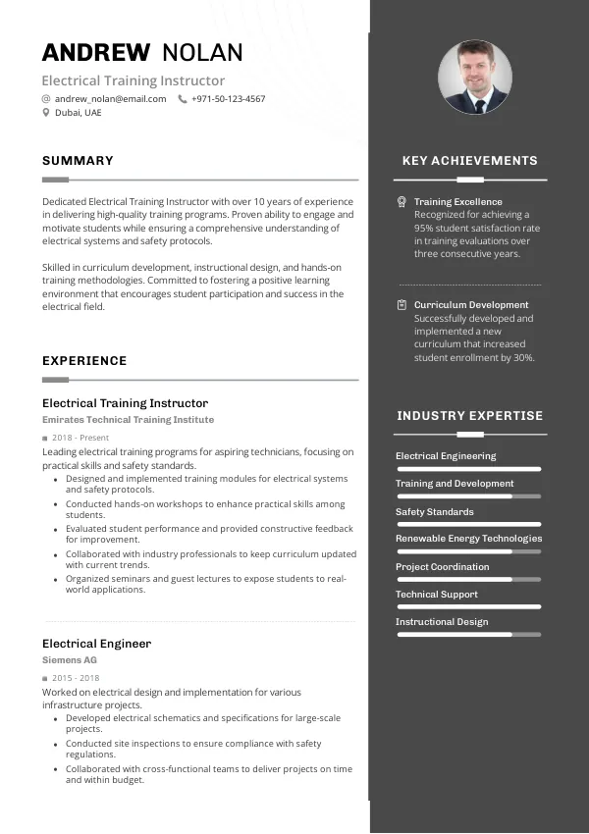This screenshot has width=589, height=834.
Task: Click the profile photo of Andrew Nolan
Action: point(474,77)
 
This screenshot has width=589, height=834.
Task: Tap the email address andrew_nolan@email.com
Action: point(110,99)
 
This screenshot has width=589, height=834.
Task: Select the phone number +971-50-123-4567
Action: point(228,99)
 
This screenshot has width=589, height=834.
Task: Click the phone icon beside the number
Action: point(183,99)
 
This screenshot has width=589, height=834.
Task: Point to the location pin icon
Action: point(46,113)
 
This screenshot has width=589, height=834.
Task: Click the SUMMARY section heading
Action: point(78,161)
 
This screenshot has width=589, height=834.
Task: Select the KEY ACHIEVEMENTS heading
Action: point(470,161)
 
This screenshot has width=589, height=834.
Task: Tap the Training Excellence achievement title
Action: point(457,202)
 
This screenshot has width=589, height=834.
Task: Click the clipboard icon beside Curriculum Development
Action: point(402,305)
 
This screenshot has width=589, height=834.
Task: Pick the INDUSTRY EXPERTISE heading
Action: point(470,416)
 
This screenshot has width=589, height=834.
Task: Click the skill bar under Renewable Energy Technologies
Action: point(468,551)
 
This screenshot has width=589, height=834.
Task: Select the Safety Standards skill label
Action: point(434,512)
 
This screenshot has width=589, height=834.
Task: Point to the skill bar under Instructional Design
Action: point(468,635)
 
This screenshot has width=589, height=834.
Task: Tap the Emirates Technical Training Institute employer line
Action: point(128,420)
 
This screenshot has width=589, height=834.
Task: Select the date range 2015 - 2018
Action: point(76,678)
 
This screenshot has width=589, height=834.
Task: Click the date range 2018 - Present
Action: point(80,438)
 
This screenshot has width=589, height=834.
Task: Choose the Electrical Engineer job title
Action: point(96,644)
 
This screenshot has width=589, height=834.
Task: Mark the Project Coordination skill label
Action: point(442,567)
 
